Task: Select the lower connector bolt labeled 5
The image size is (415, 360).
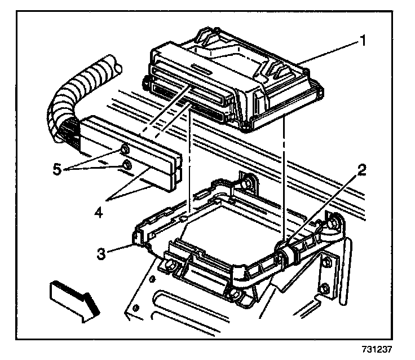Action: pyautogui.click(x=127, y=165)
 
